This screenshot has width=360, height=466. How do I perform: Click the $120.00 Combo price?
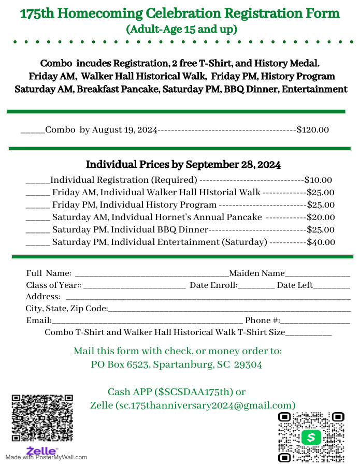pyautogui.click(x=312, y=130)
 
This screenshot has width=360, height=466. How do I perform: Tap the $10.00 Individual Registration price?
pyautogui.click(x=318, y=180)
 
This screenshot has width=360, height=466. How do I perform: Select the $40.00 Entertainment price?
pyautogui.click(x=321, y=242)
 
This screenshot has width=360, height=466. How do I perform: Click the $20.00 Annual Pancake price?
pyautogui.click(x=321, y=217)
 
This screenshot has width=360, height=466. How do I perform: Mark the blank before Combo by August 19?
pyautogui.click(x=33, y=131)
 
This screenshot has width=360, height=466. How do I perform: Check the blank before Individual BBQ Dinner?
pyautogui.click(x=37, y=231)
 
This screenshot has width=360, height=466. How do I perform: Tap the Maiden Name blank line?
pyautogui.click(x=318, y=275)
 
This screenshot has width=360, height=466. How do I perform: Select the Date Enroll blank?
pyautogui.click(x=256, y=286)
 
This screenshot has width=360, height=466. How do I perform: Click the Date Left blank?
pyautogui.click(x=332, y=286)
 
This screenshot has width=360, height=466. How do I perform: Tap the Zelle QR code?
pyautogui.click(x=42, y=418)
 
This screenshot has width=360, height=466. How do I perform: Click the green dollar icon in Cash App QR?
pyautogui.click(x=311, y=438)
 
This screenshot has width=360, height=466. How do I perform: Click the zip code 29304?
pyautogui.click(x=248, y=365)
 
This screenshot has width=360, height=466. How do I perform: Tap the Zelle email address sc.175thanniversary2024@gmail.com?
pyautogui.click(x=206, y=405)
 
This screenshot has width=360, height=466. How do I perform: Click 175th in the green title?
pyautogui.click(x=38, y=13)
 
